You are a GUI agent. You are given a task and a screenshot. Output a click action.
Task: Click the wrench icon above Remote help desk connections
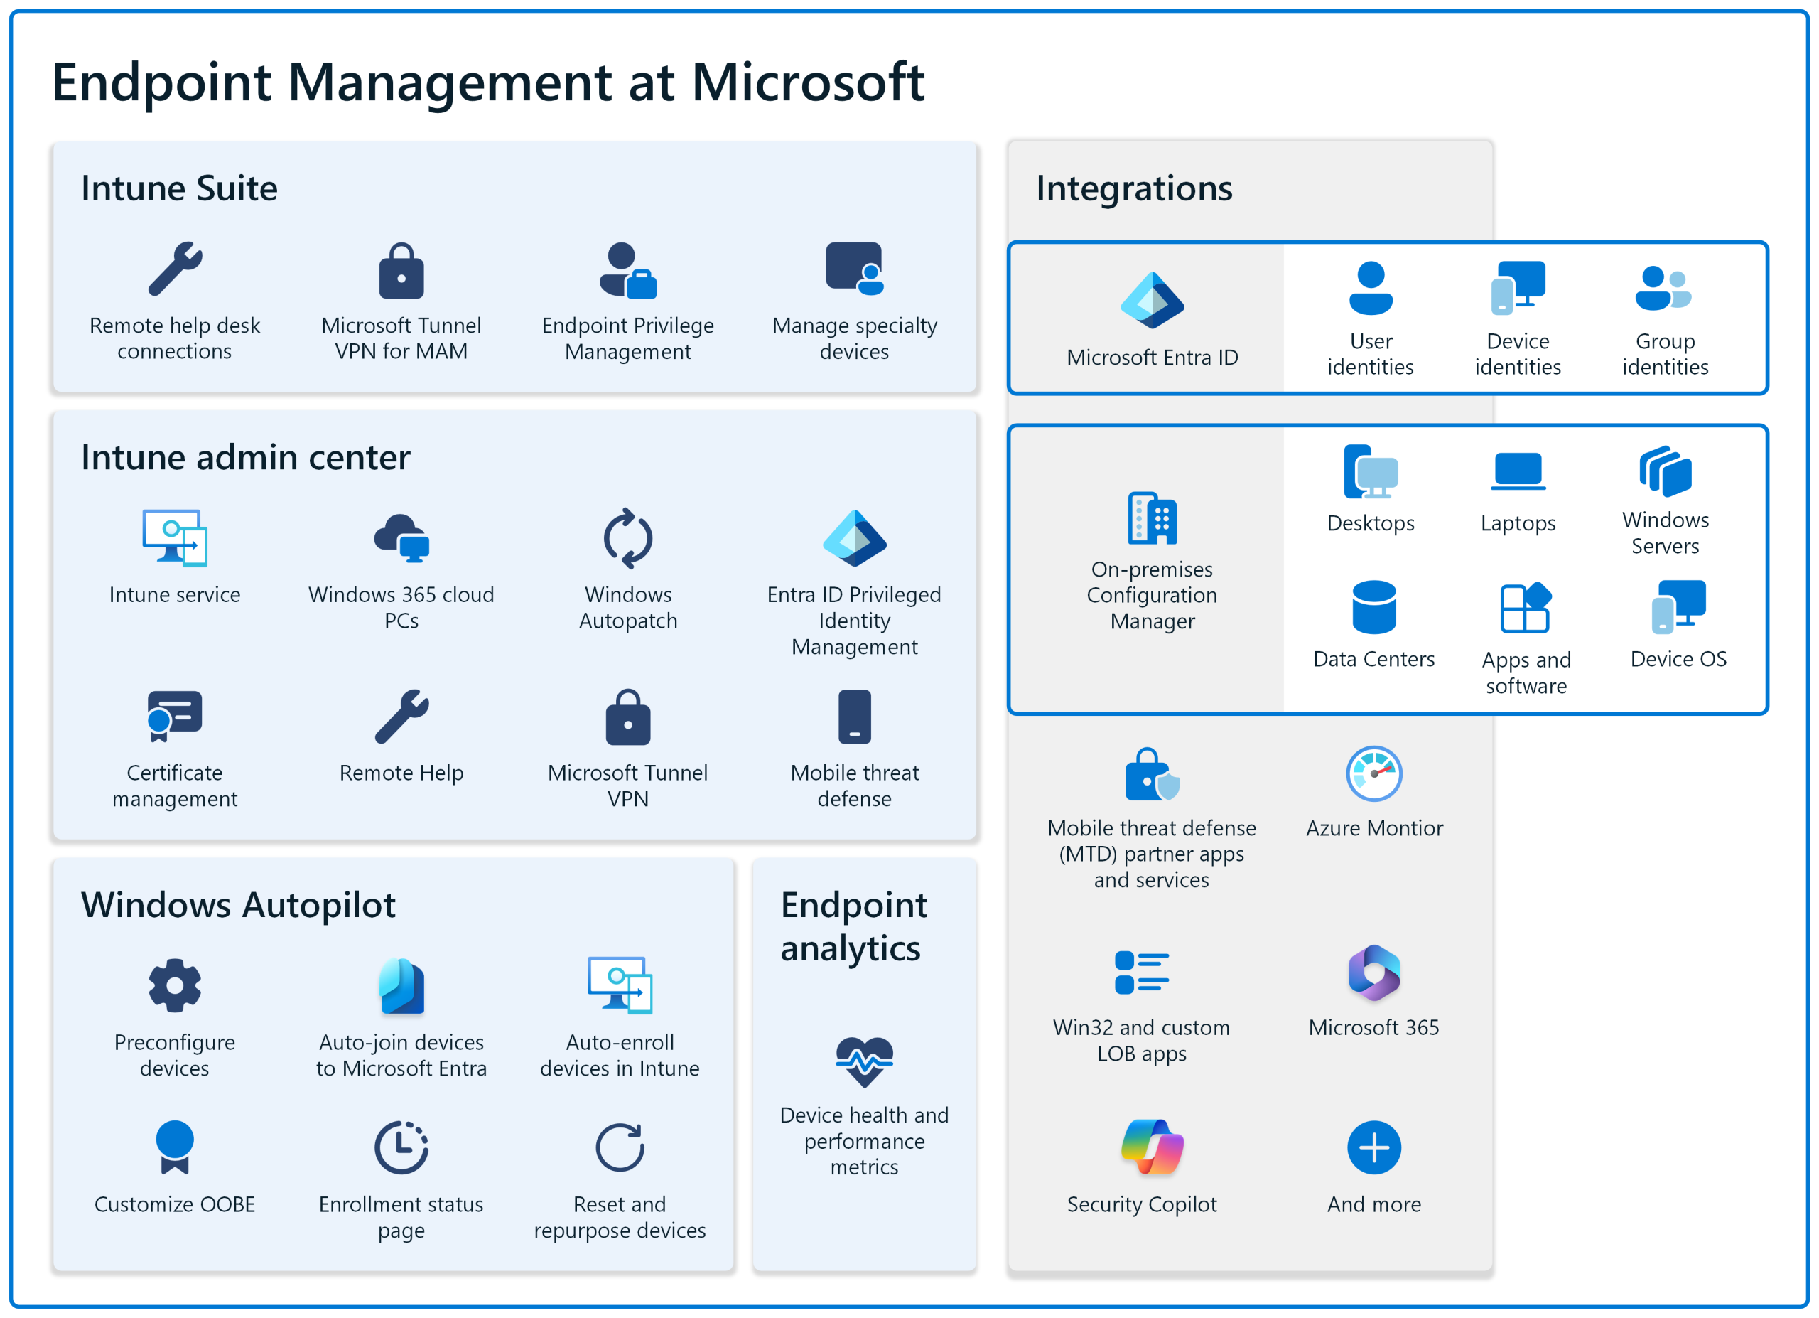[175, 269]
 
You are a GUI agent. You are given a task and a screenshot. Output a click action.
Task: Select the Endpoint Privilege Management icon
[628, 270]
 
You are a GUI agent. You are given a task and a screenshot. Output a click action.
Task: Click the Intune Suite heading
[179, 188]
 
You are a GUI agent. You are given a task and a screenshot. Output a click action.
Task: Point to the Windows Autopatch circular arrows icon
[628, 538]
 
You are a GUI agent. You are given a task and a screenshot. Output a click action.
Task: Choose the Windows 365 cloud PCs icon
[401, 537]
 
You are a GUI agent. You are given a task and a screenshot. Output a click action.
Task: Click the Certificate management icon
[174, 716]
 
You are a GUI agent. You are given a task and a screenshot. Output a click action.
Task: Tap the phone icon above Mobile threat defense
[854, 717]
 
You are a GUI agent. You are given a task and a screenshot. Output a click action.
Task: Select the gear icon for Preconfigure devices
[174, 985]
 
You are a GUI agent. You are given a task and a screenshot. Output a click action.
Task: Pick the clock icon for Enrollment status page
[401, 1147]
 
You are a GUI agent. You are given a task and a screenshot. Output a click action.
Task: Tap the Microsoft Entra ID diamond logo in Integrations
[1152, 301]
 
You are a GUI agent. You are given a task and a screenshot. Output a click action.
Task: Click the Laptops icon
[1518, 471]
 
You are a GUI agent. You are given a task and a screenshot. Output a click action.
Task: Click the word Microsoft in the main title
[807, 82]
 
